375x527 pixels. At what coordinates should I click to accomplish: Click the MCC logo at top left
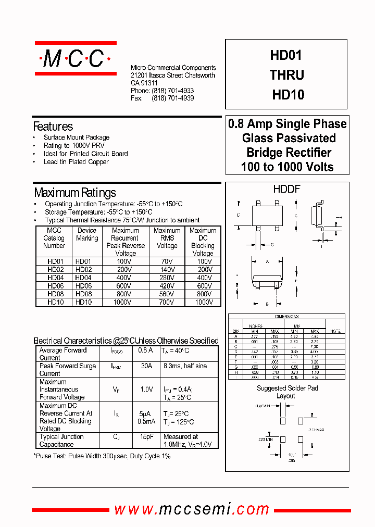[x=74, y=59]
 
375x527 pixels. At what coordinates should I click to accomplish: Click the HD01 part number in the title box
[x=286, y=56]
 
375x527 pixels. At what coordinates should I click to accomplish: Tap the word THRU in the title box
[x=287, y=75]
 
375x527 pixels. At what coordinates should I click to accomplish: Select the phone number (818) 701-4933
[x=172, y=91]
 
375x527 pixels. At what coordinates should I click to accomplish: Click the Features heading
[x=53, y=127]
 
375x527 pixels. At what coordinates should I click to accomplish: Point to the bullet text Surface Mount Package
[x=77, y=137]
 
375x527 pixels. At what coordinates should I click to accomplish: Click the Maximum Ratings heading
[x=74, y=193]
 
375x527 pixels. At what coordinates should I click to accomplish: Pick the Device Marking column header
[x=87, y=234]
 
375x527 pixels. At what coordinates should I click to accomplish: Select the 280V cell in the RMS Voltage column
[x=167, y=278]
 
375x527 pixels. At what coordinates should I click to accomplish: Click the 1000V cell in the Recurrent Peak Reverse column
[x=125, y=302]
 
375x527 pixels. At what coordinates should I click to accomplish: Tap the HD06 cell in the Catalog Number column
[x=55, y=286]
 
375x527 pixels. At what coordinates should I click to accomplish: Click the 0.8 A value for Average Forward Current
[x=145, y=350]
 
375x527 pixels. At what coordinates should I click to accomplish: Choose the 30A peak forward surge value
[x=146, y=366]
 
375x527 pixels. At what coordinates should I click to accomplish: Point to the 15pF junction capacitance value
[x=146, y=437]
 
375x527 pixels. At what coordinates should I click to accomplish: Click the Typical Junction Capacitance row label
[x=61, y=441]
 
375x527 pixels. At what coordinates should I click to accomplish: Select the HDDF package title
[x=286, y=190]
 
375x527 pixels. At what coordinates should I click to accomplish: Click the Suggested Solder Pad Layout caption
[x=287, y=392]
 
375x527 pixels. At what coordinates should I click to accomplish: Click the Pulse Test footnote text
[x=103, y=456]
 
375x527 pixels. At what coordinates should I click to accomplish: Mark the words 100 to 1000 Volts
[x=287, y=167]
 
